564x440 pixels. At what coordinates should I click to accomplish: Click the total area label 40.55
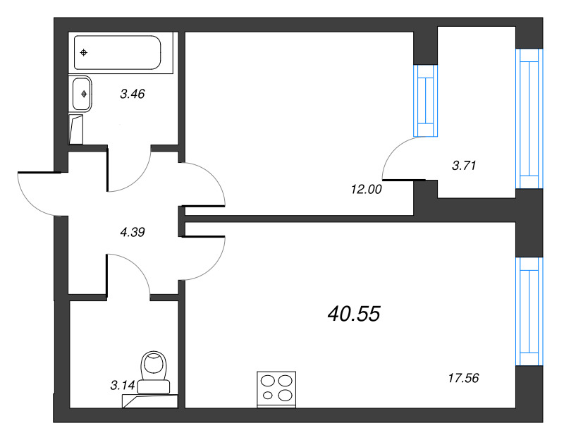[354, 313]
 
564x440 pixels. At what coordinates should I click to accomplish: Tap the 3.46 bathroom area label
[133, 94]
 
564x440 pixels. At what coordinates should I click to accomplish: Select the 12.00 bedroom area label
[366, 189]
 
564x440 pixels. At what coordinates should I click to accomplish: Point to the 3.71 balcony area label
[464, 166]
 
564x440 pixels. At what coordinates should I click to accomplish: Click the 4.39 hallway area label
[133, 232]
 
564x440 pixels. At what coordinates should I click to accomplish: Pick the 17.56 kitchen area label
[463, 378]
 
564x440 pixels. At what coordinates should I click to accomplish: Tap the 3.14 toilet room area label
[122, 385]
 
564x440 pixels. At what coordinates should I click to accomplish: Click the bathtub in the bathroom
[117, 52]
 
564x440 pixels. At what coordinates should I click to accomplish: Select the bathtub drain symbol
[83, 53]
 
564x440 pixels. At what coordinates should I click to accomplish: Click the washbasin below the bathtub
[82, 94]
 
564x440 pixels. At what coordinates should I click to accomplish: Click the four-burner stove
[276, 390]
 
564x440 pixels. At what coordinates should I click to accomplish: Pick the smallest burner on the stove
[268, 396]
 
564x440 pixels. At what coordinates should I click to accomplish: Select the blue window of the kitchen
[529, 311]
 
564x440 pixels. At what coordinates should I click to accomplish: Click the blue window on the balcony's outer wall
[529, 118]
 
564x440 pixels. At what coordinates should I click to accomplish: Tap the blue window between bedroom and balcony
[426, 101]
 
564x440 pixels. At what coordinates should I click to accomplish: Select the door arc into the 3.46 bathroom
[137, 179]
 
